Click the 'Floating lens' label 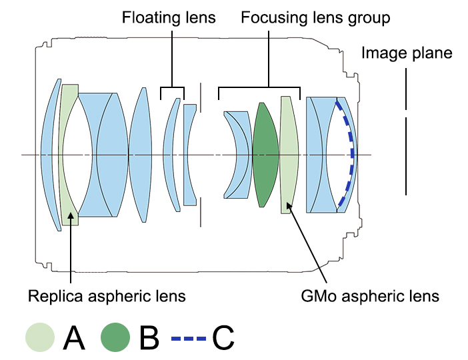click(x=169, y=17)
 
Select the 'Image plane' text click(x=407, y=53)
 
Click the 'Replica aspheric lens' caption click(x=107, y=295)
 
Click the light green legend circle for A click(x=39, y=338)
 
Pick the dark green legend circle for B click(x=115, y=338)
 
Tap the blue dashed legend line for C click(x=189, y=339)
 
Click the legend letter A click(x=73, y=338)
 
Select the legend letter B click(x=149, y=338)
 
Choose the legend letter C click(x=223, y=338)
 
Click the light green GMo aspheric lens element click(x=288, y=153)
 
